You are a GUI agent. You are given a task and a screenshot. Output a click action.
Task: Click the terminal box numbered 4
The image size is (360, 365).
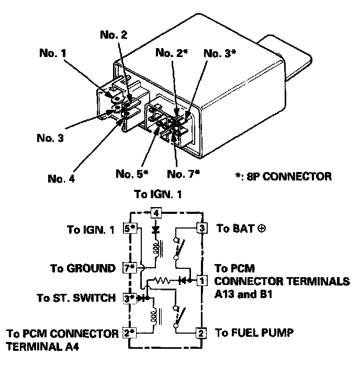[x=156, y=213]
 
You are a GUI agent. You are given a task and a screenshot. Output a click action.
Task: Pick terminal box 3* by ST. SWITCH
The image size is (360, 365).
[x=129, y=298]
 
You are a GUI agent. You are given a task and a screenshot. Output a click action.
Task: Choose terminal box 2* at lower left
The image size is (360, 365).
[x=130, y=333]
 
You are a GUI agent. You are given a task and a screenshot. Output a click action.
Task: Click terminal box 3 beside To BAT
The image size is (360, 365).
[x=201, y=228]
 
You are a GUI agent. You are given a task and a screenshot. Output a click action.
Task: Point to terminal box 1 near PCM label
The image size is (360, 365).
[x=202, y=280]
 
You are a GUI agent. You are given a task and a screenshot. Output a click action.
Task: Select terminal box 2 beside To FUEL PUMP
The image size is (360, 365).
[x=201, y=333]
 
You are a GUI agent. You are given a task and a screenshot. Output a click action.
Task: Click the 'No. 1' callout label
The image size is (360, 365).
[x=53, y=53]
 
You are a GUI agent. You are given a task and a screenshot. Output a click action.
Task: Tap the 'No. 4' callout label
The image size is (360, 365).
[x=61, y=178]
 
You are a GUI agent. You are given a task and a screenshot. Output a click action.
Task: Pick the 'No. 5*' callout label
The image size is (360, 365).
[x=132, y=174]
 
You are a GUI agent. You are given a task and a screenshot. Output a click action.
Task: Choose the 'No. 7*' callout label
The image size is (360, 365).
[x=184, y=174]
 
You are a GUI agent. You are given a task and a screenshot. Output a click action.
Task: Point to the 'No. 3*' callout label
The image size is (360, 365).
[x=220, y=53]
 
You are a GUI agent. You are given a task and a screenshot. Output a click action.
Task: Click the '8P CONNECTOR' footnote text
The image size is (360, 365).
[x=289, y=176]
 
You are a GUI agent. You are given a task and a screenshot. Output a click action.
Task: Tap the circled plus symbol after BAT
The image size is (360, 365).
[x=262, y=229]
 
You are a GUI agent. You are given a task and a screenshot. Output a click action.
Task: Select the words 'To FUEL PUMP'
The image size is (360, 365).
[x=254, y=333]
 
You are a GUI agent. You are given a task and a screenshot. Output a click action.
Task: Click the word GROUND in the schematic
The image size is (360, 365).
[x=91, y=268]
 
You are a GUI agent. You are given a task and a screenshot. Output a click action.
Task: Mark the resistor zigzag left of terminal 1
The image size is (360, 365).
[x=163, y=280]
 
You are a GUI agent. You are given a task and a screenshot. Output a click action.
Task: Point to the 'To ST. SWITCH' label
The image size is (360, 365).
[x=76, y=298]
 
